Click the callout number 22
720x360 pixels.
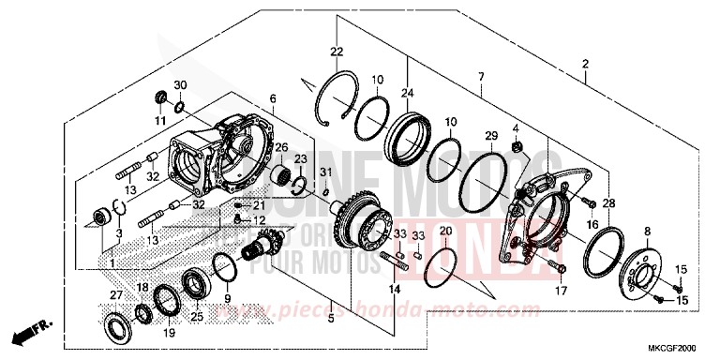tap(336, 51)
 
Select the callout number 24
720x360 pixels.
tap(407, 92)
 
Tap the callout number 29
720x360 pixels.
tap(489, 137)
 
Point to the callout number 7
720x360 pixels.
tap(480, 75)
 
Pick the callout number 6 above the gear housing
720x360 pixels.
tap(273, 98)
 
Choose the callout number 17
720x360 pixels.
tap(562, 291)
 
